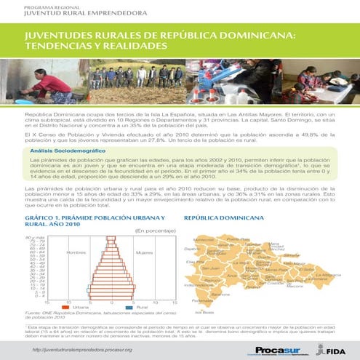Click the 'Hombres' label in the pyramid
coord(76,252)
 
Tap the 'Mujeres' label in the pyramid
coord(144,252)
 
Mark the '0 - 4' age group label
coord(39,296)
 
